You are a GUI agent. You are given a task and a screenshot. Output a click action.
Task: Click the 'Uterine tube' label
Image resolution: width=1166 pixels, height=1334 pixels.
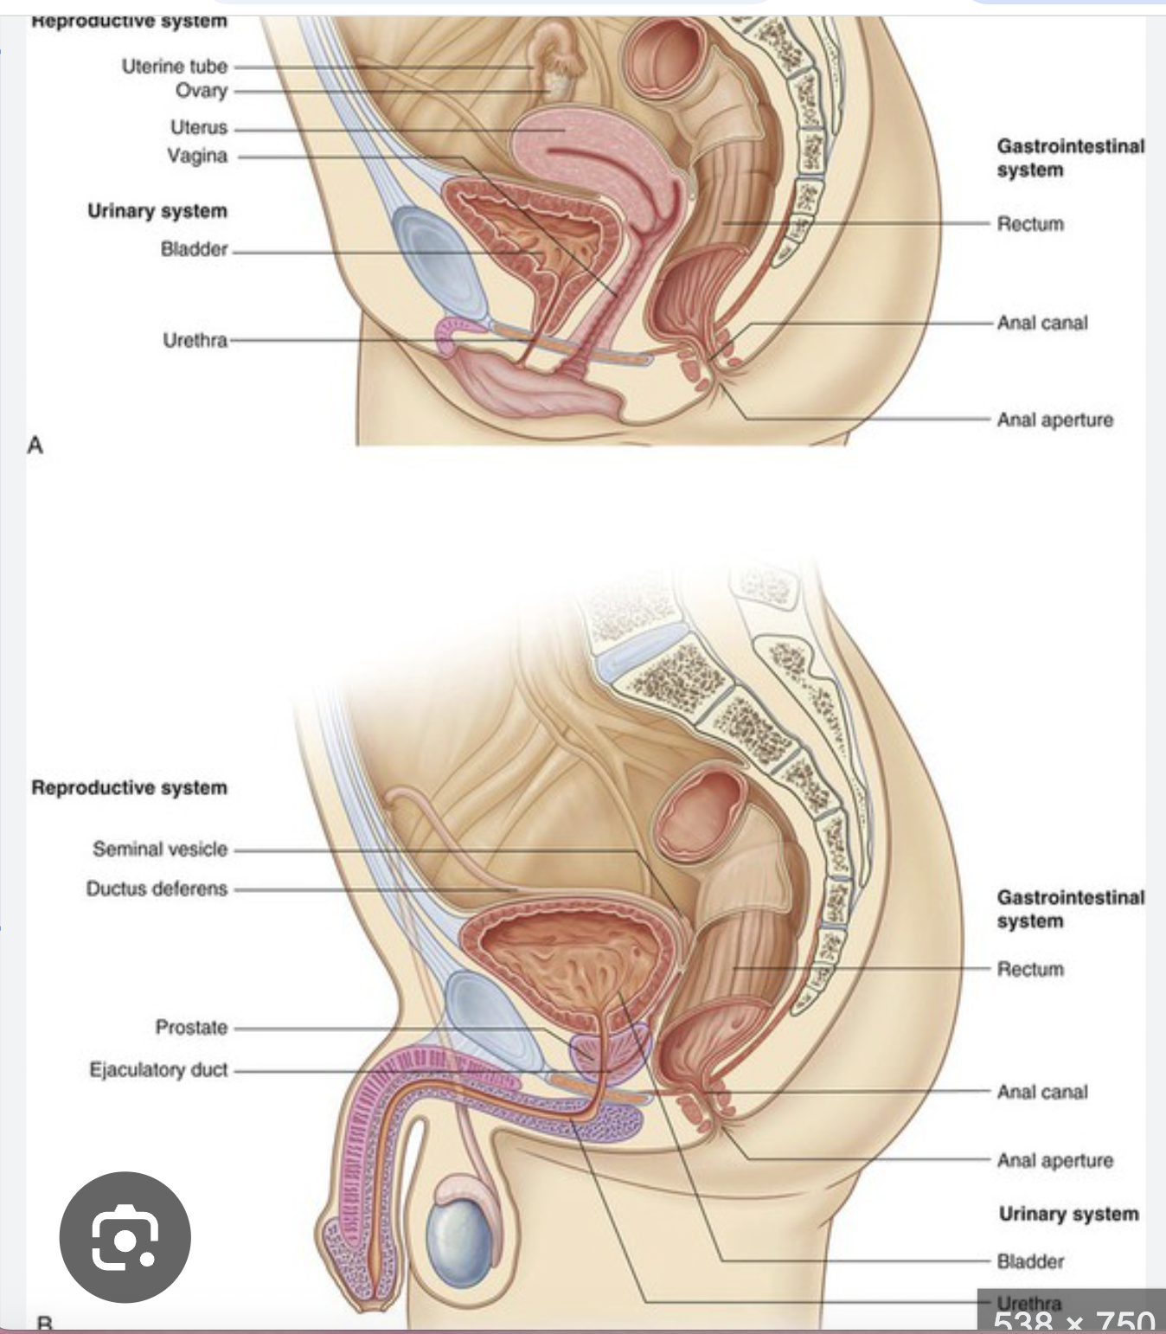(x=174, y=66)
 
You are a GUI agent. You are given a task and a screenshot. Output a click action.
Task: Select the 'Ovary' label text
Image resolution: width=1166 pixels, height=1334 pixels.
(x=201, y=91)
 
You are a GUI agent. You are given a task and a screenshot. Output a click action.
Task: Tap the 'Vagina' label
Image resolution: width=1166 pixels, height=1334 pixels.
(x=197, y=156)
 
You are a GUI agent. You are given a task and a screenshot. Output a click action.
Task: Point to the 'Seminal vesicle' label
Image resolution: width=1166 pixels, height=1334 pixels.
(x=160, y=849)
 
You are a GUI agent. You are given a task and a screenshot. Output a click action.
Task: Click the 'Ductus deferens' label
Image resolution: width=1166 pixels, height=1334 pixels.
(x=157, y=888)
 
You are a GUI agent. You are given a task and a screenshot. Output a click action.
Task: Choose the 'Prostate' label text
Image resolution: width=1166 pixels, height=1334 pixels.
(x=191, y=1027)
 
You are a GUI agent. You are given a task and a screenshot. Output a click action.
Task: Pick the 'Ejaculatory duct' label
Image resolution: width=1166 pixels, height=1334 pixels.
(x=158, y=1070)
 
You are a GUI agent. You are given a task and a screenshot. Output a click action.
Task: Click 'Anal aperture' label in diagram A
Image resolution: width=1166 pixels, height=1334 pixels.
(x=1054, y=420)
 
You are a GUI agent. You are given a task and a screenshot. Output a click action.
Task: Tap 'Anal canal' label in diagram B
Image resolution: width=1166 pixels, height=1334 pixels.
(x=1042, y=1092)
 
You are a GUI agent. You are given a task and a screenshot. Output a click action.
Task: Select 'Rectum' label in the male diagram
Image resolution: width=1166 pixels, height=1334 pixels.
(x=1030, y=969)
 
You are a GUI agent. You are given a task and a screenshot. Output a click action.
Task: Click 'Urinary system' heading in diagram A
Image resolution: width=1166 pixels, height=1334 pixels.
(x=157, y=211)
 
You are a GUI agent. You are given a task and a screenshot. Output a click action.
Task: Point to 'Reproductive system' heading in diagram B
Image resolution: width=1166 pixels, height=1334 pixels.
(x=129, y=787)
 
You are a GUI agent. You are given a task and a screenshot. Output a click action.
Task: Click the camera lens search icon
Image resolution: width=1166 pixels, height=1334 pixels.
(x=125, y=1237)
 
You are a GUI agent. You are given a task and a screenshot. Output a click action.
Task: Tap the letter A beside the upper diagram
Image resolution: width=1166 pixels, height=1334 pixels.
(x=35, y=446)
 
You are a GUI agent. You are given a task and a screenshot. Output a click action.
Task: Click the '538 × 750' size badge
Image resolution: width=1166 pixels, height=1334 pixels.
(x=1073, y=1319)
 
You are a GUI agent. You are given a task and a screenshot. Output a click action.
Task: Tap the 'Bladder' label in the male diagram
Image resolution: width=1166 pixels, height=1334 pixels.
(x=1030, y=1261)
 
